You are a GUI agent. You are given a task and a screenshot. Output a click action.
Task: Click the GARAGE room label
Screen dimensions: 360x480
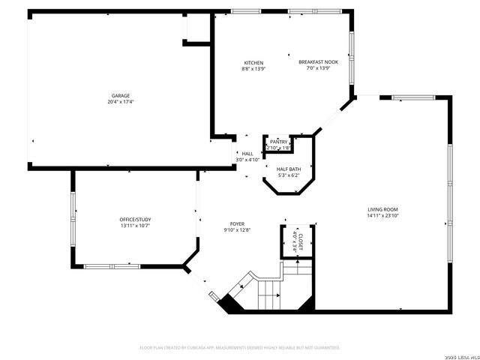(121, 95)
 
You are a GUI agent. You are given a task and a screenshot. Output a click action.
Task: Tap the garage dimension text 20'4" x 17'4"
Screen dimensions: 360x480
(121, 101)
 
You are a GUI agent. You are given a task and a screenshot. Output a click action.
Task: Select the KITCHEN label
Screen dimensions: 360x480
(253, 62)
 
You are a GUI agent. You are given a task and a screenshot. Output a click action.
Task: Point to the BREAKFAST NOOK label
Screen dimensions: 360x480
(318, 62)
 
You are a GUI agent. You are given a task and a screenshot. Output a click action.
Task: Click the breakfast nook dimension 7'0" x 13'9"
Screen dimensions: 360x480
(318, 69)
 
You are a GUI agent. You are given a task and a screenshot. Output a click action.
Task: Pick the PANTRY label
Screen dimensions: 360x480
(279, 142)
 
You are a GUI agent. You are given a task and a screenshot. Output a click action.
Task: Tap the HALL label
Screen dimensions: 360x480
(247, 154)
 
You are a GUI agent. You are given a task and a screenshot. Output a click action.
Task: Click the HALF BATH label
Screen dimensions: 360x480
(289, 169)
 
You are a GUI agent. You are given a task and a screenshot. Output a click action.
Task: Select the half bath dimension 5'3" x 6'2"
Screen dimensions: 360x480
(289, 175)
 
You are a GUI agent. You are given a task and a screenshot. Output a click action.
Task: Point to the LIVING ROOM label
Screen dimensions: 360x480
(382, 209)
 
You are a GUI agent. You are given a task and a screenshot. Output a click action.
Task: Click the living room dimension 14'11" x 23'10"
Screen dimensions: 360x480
(382, 215)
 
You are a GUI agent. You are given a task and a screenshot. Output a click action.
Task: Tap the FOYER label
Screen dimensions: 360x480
(237, 223)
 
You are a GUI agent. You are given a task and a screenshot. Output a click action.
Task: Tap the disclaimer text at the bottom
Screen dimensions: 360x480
(240, 347)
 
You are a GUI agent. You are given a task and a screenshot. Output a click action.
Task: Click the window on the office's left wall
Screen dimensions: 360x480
(73, 217)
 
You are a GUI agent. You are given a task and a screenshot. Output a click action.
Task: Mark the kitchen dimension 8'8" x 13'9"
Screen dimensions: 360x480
(253, 69)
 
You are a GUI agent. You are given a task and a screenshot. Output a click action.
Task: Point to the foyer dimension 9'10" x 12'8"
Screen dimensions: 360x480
(237, 230)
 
